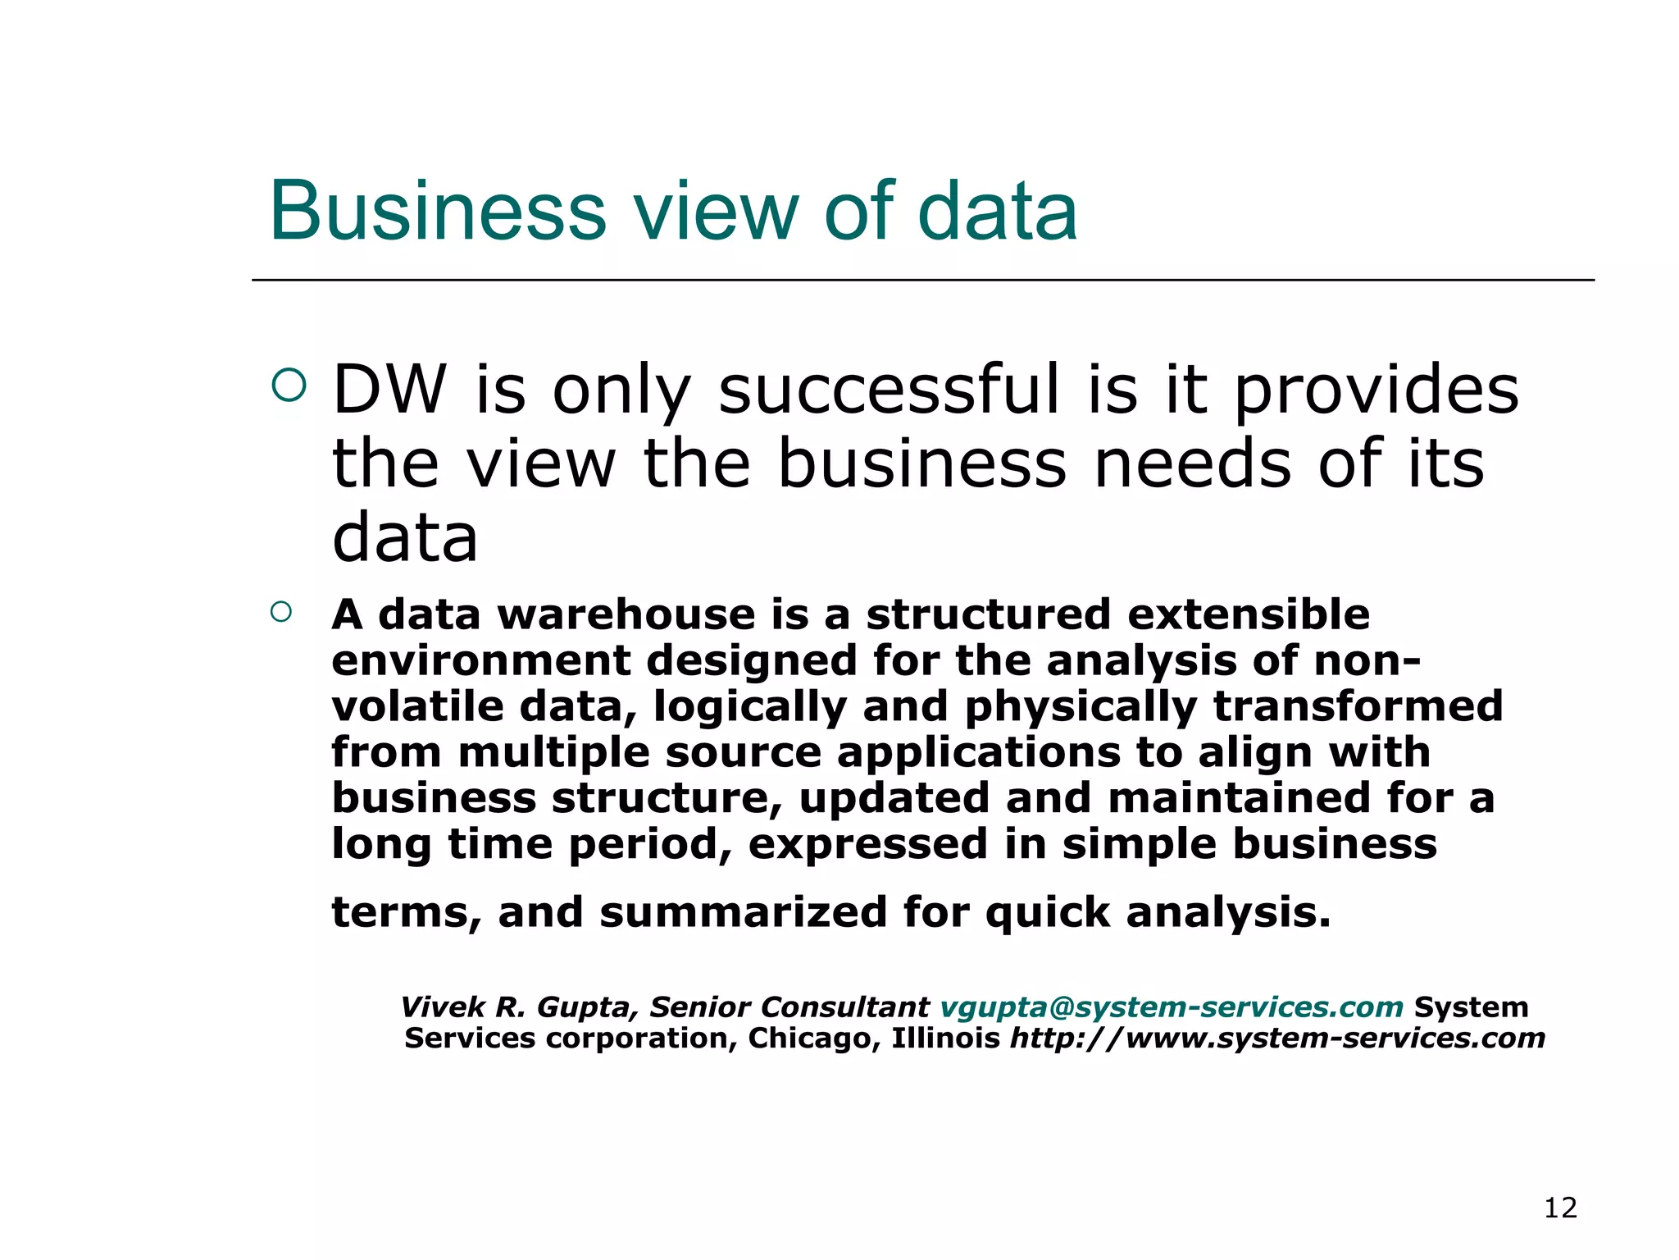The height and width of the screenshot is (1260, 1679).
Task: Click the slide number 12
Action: pos(1560,1208)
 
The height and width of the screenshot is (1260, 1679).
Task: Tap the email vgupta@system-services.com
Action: pos(1172,1007)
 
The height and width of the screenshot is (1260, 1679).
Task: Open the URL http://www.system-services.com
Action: pos(1277,1039)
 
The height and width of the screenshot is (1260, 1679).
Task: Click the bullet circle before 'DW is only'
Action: pos(289,386)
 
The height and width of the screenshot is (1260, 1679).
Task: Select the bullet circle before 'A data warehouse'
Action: pos(281,612)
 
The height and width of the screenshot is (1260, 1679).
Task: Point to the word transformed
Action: pos(1358,706)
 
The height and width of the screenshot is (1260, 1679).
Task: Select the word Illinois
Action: pos(945,1039)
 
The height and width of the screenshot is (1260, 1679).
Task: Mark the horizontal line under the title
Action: pos(923,281)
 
